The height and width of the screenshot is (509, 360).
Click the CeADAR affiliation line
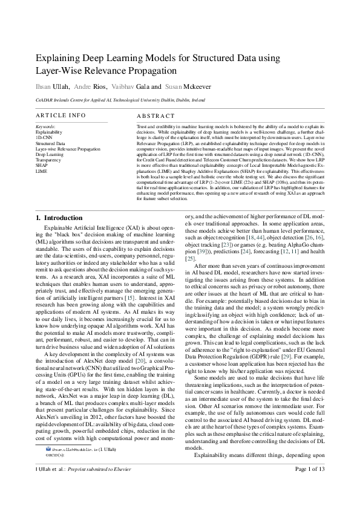click(x=120, y=100)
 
